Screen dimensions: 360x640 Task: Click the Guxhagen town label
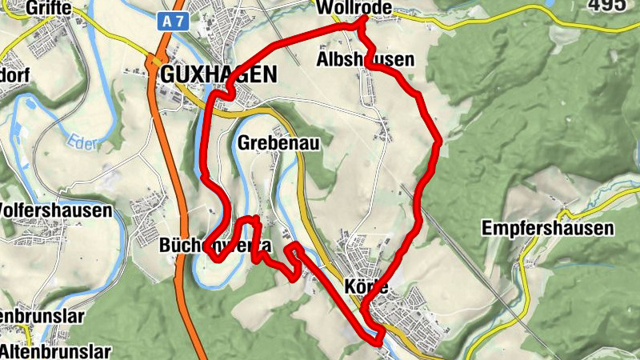(x=218, y=75)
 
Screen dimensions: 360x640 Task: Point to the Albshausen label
(x=366, y=60)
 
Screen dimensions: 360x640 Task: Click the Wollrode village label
(x=354, y=8)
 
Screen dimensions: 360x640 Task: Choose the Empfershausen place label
(x=548, y=228)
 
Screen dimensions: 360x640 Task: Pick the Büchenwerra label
(x=214, y=244)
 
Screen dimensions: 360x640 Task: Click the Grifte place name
(x=48, y=8)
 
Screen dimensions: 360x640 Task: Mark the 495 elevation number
(x=606, y=6)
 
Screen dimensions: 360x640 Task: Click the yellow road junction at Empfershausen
(x=564, y=214)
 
